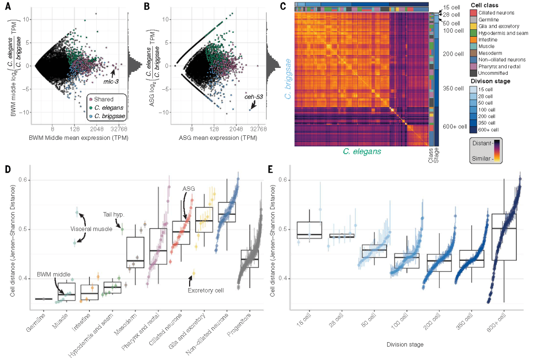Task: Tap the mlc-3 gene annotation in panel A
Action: (x=111, y=80)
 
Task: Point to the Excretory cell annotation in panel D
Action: (x=203, y=291)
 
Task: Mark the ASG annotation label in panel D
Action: (x=189, y=189)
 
